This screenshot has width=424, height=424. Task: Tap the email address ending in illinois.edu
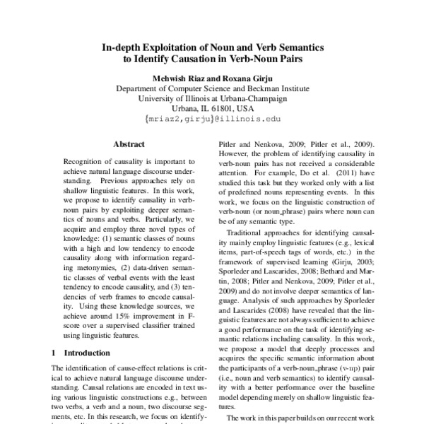211,121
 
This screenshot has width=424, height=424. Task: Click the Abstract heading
129,144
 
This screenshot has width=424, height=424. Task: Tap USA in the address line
245,110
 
